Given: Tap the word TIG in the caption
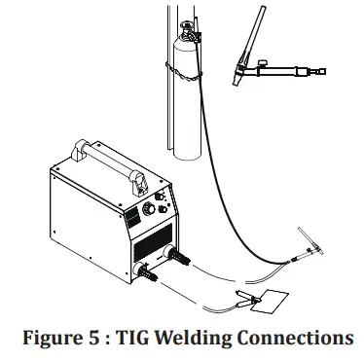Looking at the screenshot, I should point(137,338).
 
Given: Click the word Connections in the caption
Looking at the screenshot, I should point(297,338).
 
